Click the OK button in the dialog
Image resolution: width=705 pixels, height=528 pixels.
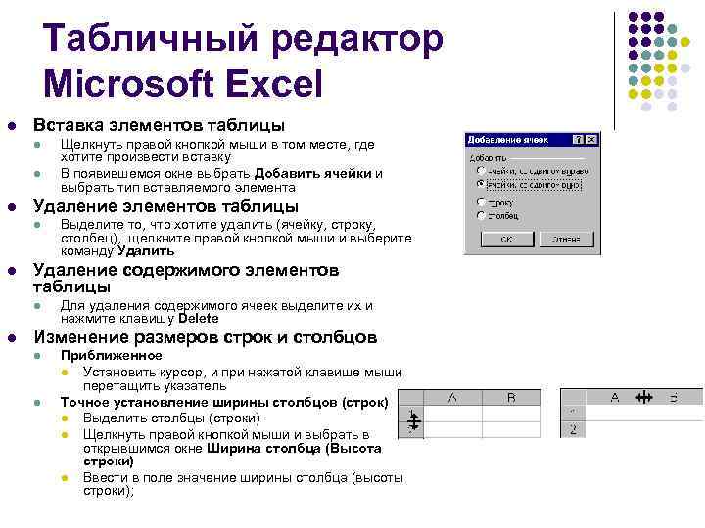pos(506,238)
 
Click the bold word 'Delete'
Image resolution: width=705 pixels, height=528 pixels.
pos(199,318)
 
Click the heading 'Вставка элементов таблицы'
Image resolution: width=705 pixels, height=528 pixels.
pos(159,126)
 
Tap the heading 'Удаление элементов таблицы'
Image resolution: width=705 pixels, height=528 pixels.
pos(165,206)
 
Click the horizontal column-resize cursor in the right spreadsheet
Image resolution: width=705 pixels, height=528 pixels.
pos(643,398)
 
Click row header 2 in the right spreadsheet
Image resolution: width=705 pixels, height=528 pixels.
pos(571,429)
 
